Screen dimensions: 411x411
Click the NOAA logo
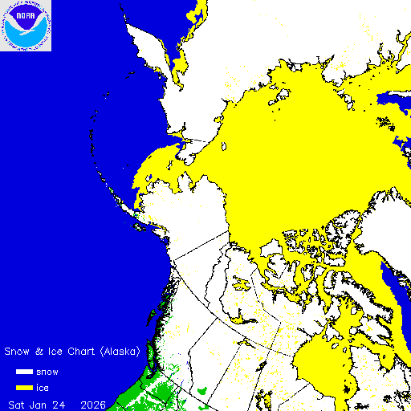click(x=26, y=26)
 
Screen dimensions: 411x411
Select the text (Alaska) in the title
click(x=121, y=352)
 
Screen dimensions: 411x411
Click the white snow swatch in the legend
click(x=24, y=372)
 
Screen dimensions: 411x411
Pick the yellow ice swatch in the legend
click(x=24, y=387)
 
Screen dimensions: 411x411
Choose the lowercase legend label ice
click(x=44, y=387)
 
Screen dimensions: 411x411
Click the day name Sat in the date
click(x=17, y=403)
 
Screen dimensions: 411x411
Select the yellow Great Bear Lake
click(x=241, y=281)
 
